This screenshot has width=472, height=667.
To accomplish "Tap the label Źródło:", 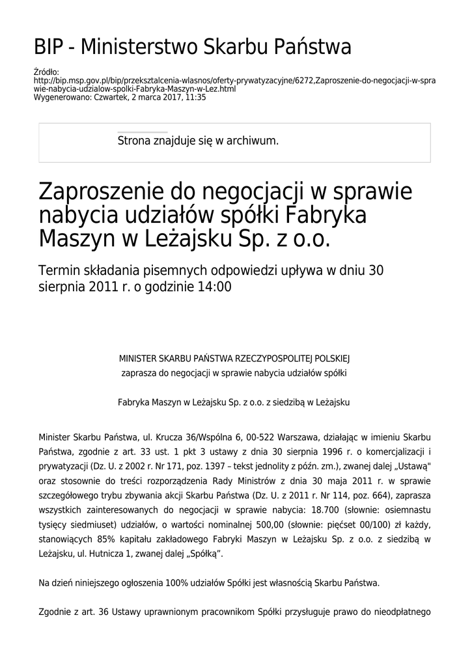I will (46, 72).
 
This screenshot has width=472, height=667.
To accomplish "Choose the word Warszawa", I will (291, 436).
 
